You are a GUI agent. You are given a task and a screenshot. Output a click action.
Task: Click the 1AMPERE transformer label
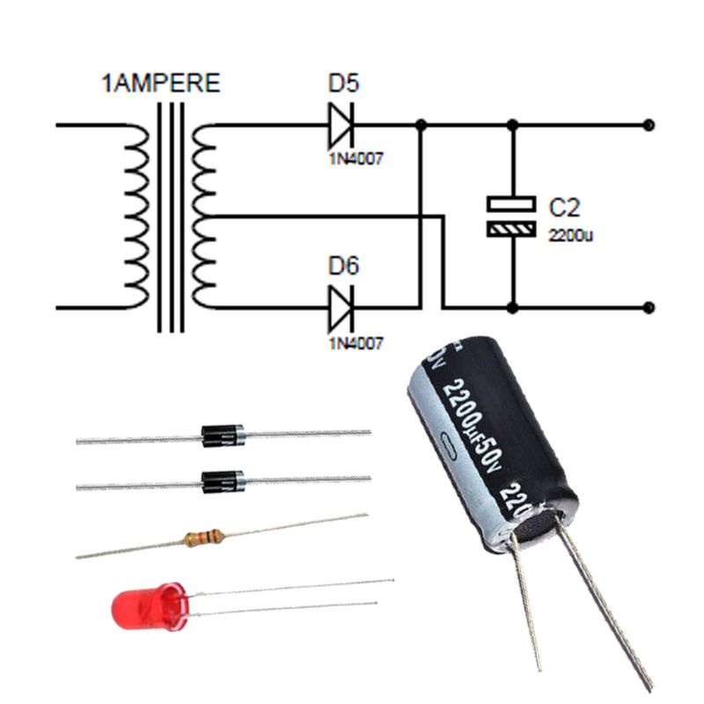click(x=161, y=85)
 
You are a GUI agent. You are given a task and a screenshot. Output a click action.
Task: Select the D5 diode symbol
click(x=340, y=125)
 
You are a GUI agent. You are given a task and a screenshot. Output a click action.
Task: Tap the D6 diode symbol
click(x=340, y=307)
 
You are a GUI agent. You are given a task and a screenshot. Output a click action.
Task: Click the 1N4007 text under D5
click(x=356, y=160)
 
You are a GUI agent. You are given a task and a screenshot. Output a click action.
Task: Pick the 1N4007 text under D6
click(x=356, y=343)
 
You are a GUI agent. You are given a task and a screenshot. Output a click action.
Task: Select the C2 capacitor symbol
click(x=510, y=216)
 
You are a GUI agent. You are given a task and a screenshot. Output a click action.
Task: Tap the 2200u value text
click(x=572, y=236)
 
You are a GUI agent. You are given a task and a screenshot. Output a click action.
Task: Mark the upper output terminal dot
click(x=649, y=125)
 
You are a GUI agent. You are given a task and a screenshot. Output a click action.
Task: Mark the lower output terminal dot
click(x=649, y=307)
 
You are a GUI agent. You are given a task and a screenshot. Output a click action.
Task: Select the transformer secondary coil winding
click(x=203, y=216)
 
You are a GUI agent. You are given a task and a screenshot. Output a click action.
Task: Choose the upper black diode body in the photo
click(x=222, y=434)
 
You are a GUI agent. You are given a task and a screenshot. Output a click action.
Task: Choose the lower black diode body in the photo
click(x=222, y=481)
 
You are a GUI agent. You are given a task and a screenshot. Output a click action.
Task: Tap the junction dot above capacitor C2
click(x=512, y=125)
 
